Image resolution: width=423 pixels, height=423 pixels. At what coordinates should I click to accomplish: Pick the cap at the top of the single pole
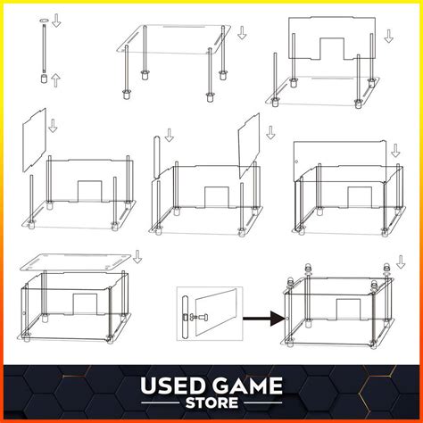[x=43, y=20]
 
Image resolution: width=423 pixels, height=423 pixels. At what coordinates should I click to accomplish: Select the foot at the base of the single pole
[x=43, y=79]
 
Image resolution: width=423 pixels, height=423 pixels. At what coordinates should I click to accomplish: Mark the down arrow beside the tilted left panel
[x=53, y=125]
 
